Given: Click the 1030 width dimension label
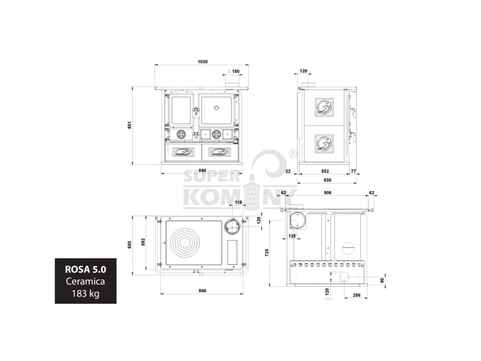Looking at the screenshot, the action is pos(202,62).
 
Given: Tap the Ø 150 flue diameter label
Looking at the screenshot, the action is pos(233,71).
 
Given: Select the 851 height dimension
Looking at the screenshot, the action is pos(130,125).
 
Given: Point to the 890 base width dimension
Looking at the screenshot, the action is pos(202,170).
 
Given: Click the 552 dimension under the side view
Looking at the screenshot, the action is pos(325,171).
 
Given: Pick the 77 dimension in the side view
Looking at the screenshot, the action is pos(353,171).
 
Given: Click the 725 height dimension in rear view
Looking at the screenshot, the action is pos(267,252).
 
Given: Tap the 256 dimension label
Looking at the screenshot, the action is pos(356,295).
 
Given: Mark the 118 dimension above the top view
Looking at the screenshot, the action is pos(238,203).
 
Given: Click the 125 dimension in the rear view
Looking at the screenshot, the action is pos(292,236).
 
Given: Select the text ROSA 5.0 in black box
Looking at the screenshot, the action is pos(85,270).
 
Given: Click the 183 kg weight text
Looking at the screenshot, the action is pos(85,293).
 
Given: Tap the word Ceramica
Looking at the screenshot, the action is pos(85,282).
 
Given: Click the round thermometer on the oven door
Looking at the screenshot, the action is pos(217,108).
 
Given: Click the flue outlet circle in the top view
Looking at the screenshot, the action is pos(232,227).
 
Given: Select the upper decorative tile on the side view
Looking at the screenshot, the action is pos(324,107).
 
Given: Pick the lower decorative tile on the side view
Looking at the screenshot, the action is pos(324,143).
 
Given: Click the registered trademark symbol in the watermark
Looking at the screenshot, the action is pos(292,154).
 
